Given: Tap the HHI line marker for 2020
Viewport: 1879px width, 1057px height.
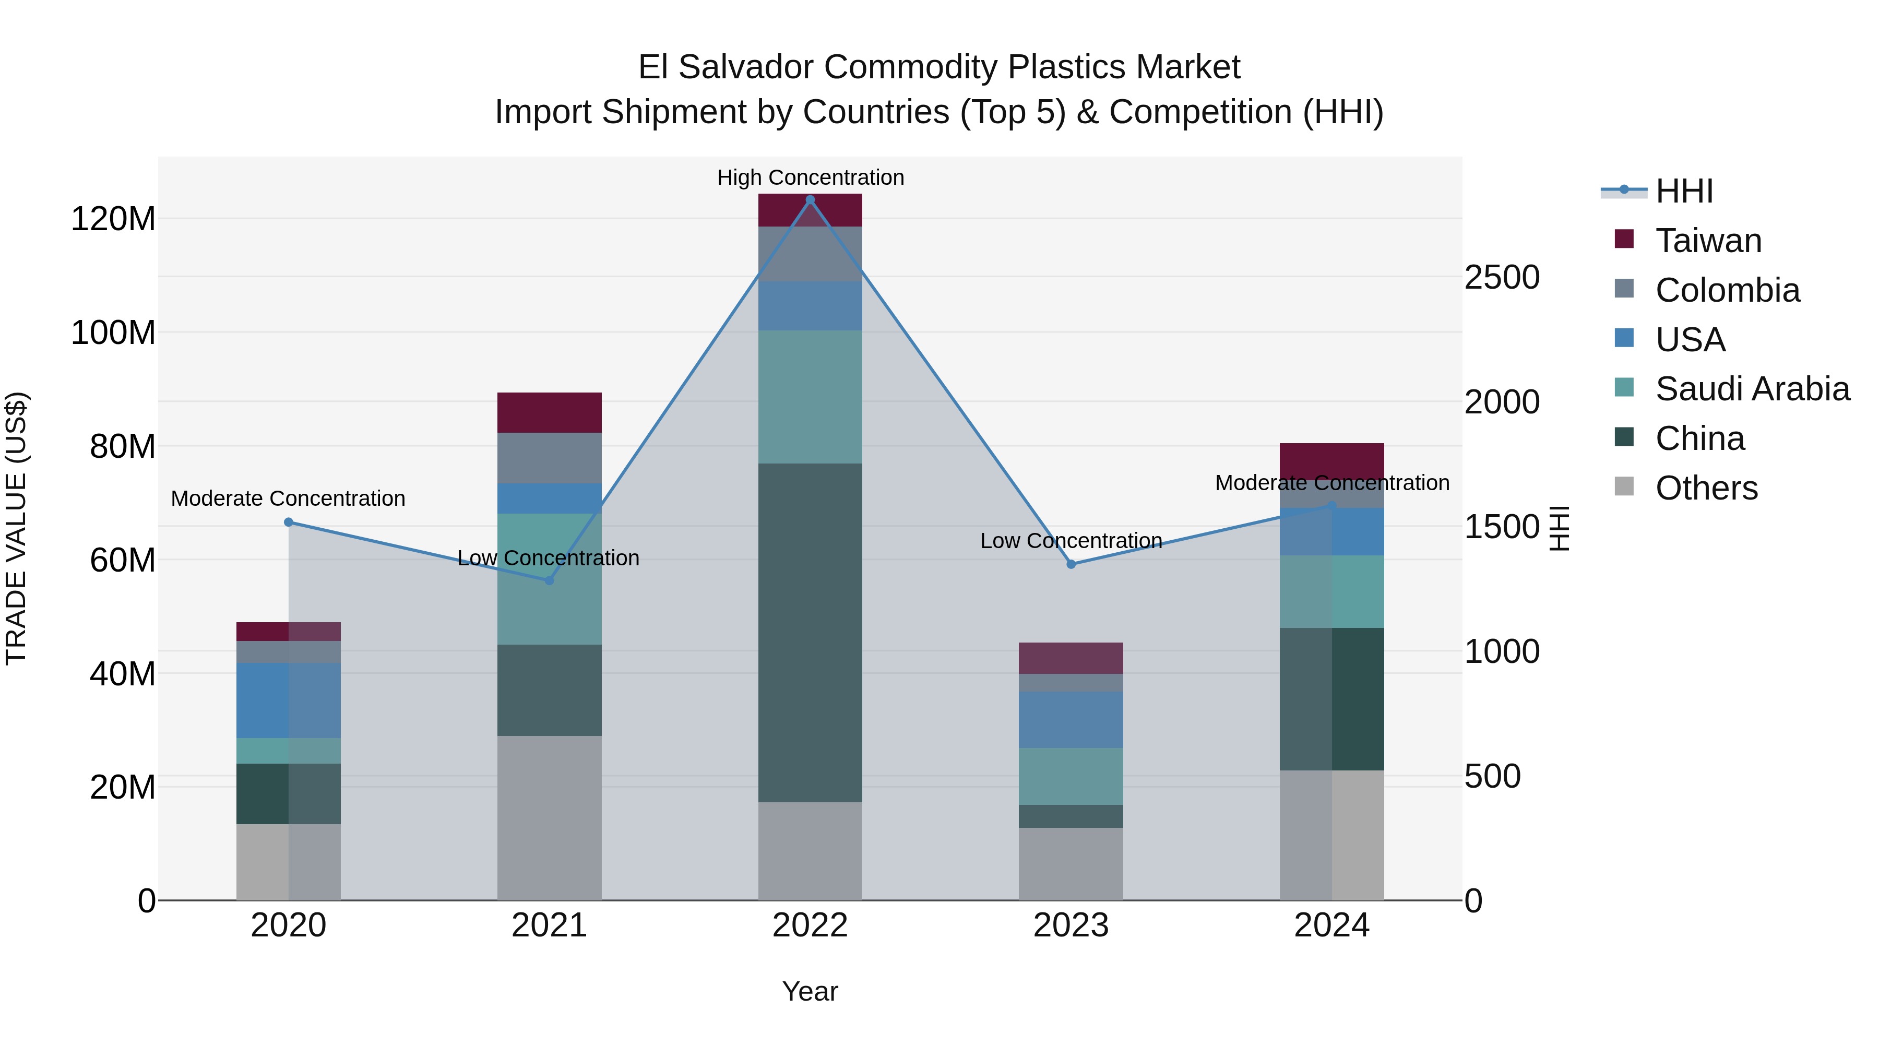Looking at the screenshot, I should click(x=288, y=522).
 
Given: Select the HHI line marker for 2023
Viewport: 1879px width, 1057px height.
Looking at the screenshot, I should click(x=1071, y=565).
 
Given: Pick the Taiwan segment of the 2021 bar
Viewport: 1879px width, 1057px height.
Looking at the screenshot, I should click(x=549, y=413).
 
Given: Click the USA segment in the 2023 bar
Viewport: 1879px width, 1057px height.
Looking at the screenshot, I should click(x=1071, y=720).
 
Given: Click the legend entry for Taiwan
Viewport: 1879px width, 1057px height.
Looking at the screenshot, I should click(x=1708, y=241).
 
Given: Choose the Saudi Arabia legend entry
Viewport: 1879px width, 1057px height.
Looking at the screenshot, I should click(x=1751, y=389).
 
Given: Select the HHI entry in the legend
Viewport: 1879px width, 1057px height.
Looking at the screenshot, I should click(x=1683, y=191).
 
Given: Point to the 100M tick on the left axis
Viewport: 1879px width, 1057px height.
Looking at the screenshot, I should click(x=113, y=332).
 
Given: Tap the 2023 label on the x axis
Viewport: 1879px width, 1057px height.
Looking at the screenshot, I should click(x=1071, y=925).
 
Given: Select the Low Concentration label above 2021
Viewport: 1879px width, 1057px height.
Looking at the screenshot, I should click(x=549, y=558).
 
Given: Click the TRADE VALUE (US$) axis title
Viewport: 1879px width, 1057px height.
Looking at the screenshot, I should click(x=16, y=528).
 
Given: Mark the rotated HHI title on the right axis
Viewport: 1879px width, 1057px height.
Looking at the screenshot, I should click(x=1558, y=528).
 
